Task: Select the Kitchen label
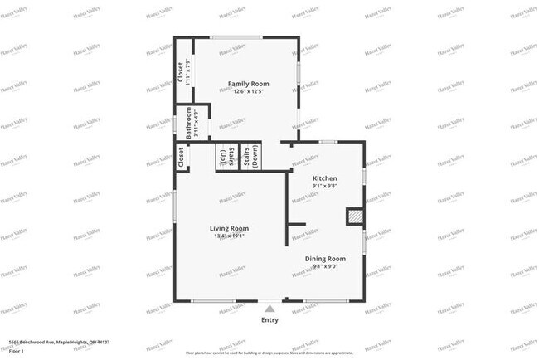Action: click(324, 178)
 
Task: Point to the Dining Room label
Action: click(325, 259)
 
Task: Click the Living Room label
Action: click(229, 228)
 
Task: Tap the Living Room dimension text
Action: click(229, 236)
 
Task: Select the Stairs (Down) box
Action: click(251, 157)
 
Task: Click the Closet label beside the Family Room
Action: click(180, 73)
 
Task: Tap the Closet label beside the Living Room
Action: click(180, 158)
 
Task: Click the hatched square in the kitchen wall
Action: click(354, 216)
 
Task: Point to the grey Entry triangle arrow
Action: click(269, 309)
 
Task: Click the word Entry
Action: click(269, 320)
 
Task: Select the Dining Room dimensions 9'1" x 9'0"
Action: click(325, 267)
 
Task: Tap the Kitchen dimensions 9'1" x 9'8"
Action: click(324, 187)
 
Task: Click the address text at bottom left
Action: click(60, 342)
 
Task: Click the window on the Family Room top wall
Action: click(236, 37)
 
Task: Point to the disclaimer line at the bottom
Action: click(269, 351)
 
